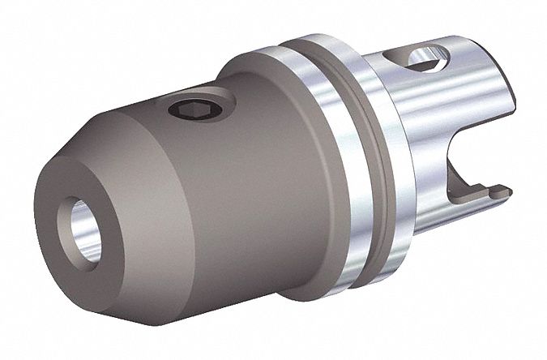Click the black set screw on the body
tap(188, 110)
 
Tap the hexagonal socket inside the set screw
tap(187, 111)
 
